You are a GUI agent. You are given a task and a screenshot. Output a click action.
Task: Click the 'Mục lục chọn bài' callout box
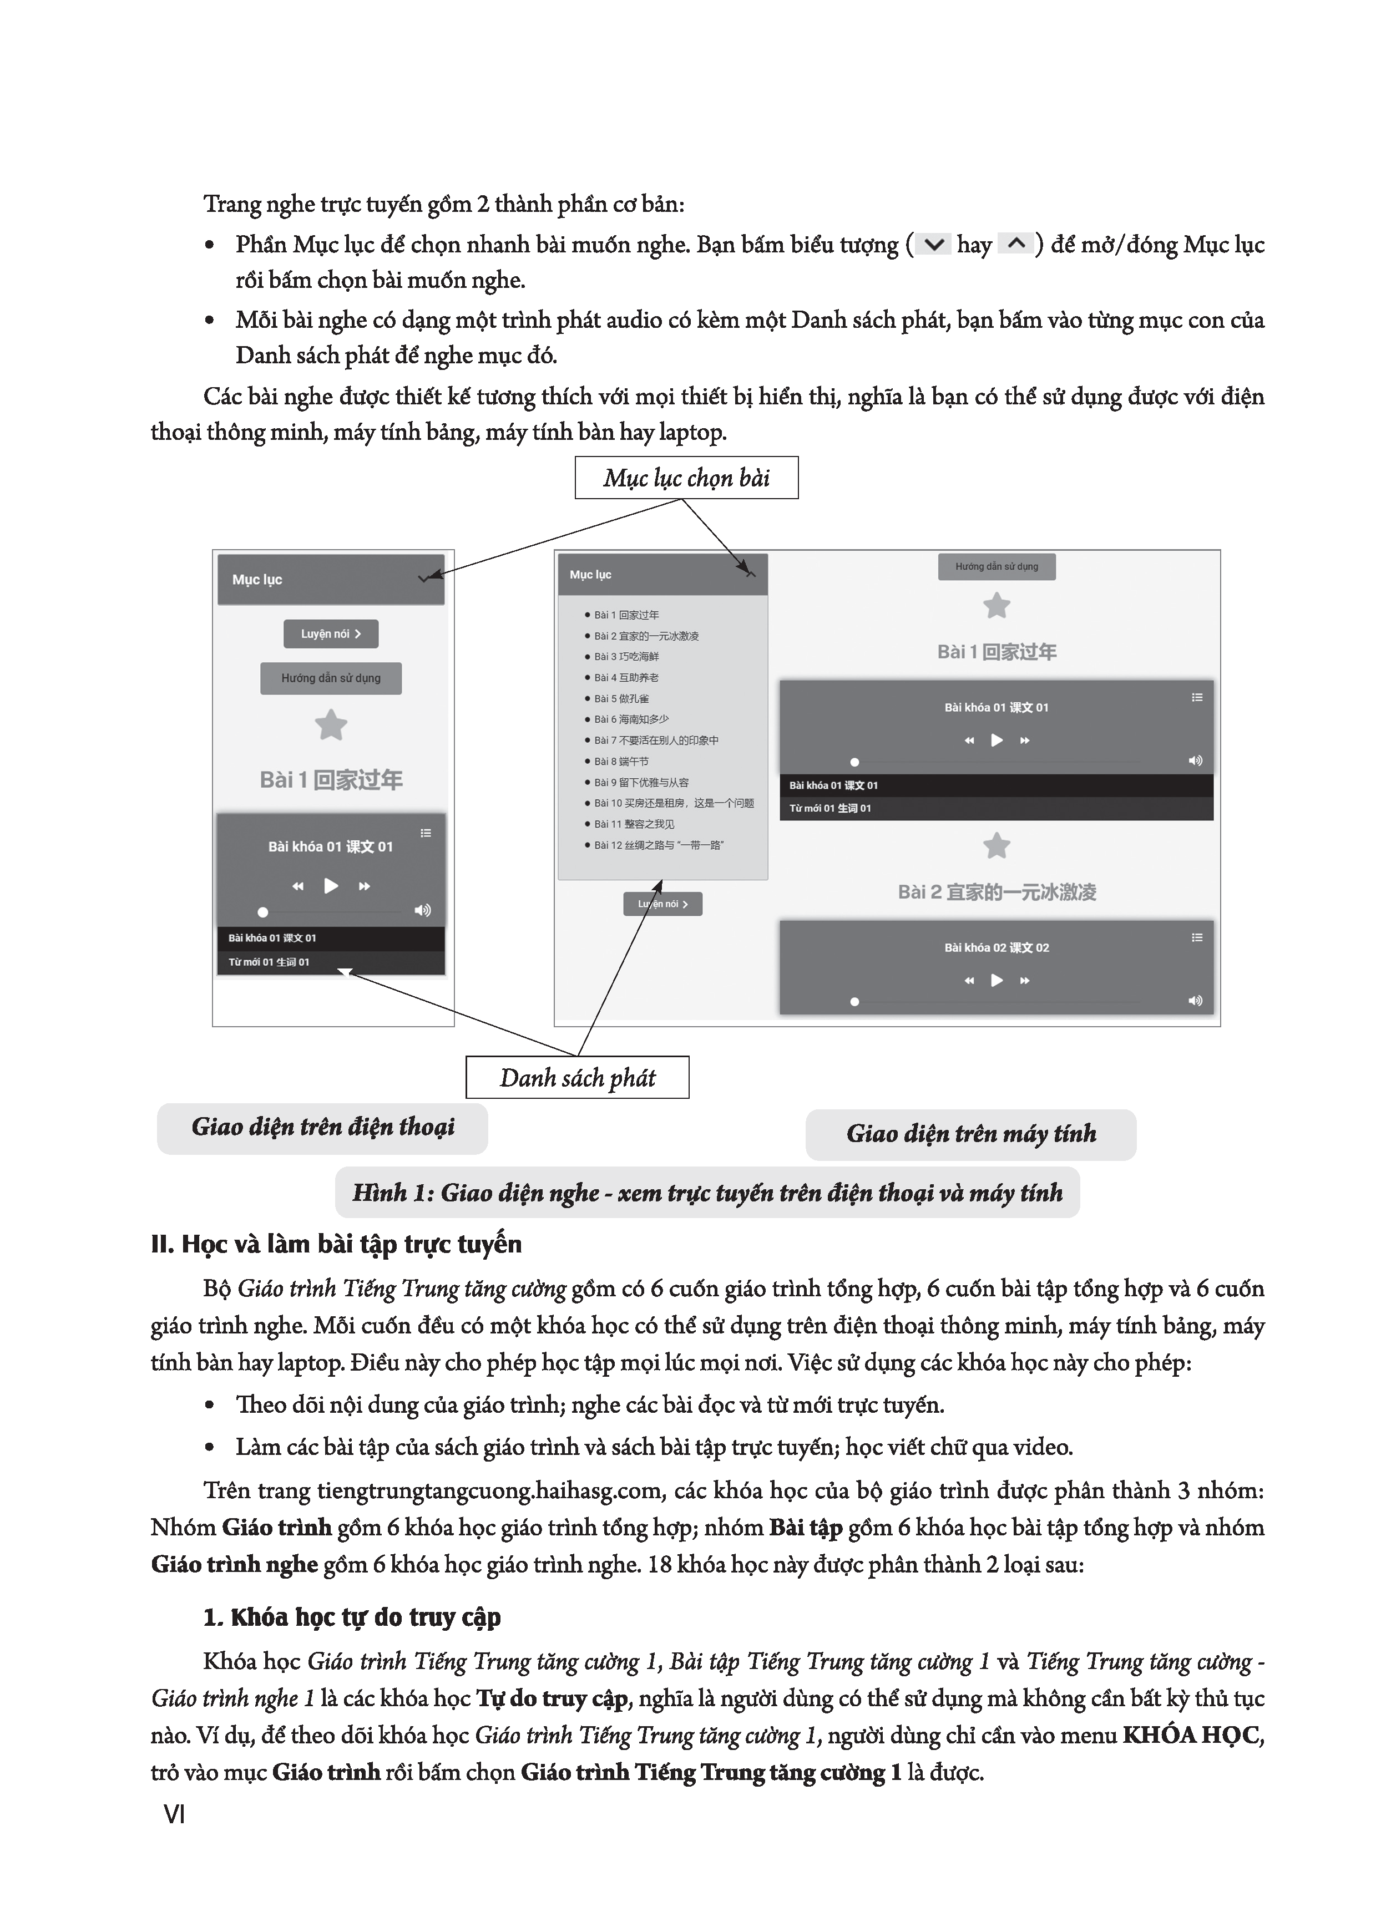coord(686,478)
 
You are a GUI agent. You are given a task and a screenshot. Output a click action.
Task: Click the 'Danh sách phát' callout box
coord(577,1078)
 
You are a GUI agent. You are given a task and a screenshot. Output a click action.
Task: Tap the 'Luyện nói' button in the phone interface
coord(330,633)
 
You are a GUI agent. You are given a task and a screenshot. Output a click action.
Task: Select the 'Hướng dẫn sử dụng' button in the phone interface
coord(330,678)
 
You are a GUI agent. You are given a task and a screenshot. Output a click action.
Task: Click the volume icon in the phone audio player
coord(422,910)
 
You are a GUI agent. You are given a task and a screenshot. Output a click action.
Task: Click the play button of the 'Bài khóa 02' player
coord(997,981)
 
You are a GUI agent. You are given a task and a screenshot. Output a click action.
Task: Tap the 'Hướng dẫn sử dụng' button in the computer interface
coord(997,567)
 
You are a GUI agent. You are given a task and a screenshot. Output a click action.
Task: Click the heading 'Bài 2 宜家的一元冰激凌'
coord(997,892)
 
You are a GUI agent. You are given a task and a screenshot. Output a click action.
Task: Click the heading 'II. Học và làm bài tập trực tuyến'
coord(336,1244)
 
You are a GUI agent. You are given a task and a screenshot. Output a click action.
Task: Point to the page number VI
coord(174,1814)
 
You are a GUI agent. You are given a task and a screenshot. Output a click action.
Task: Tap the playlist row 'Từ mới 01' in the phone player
coord(269,962)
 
